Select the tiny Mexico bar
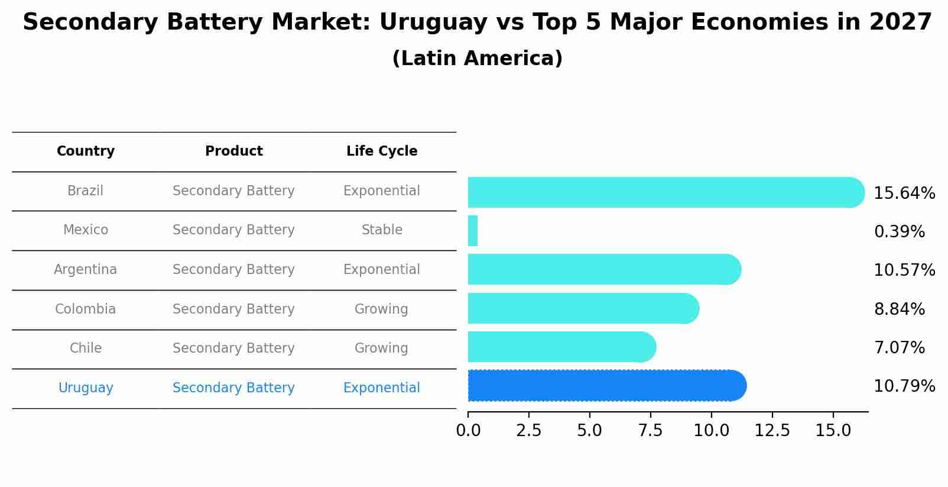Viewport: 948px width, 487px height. [473, 231]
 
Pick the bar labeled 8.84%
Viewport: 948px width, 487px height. [583, 308]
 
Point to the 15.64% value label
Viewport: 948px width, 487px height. [904, 193]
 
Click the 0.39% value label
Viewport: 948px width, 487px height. [899, 232]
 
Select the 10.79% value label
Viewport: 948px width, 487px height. [904, 386]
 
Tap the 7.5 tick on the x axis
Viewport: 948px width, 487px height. [650, 431]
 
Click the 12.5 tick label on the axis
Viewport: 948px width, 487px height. [772, 431]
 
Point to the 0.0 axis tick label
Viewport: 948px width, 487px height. [468, 431]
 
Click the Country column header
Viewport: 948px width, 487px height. [86, 151]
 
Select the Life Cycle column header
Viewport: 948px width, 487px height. [382, 151]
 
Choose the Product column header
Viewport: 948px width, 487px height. [233, 151]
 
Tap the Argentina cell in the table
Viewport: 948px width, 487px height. [86, 270]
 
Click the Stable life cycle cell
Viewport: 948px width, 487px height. [382, 230]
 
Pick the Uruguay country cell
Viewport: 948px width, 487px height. [86, 388]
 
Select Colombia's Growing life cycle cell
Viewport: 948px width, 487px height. [381, 309]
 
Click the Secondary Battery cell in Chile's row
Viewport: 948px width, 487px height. [233, 349]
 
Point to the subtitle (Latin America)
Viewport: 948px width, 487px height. [477, 59]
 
